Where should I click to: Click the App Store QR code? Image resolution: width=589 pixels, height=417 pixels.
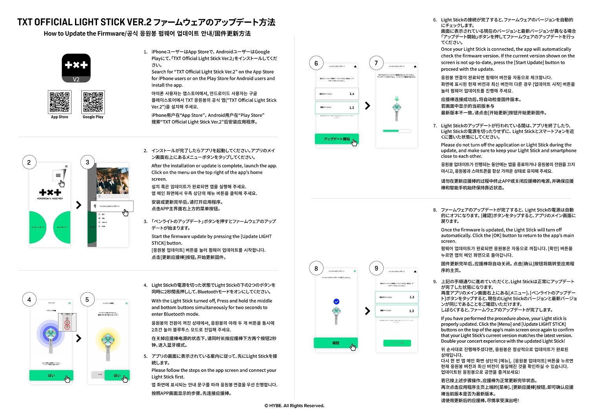tap(60, 102)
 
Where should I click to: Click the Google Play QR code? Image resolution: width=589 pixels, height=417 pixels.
tap(93, 102)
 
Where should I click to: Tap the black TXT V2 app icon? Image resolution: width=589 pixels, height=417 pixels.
tap(76, 68)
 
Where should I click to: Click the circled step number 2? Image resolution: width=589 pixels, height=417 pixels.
tap(29, 162)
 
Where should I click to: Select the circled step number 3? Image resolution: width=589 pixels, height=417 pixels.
tap(88, 162)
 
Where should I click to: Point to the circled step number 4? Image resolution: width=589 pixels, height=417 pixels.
tap(29, 300)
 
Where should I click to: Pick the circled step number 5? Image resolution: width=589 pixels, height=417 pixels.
tap(88, 300)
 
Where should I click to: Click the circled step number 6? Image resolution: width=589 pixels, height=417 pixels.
tap(316, 63)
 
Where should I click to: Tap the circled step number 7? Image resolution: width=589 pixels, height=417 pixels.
tap(376, 63)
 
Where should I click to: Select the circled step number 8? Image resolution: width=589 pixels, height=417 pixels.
tap(316, 269)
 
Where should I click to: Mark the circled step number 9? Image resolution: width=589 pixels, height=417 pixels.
tap(376, 269)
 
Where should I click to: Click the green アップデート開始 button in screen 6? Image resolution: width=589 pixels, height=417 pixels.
tap(337, 139)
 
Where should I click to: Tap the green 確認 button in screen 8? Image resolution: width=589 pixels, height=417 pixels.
tap(336, 343)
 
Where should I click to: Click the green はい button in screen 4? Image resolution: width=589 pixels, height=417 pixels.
tap(51, 375)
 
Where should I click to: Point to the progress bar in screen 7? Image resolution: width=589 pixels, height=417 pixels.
tap(397, 131)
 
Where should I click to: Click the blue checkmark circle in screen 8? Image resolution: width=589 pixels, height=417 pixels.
tap(336, 301)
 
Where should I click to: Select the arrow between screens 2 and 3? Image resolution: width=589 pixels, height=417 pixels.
tap(79, 205)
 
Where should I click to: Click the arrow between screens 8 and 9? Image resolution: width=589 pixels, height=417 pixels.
tap(368, 311)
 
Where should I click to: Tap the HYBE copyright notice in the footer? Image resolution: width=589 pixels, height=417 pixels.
tap(294, 406)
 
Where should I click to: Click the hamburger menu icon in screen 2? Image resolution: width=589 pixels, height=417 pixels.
tap(58, 175)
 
